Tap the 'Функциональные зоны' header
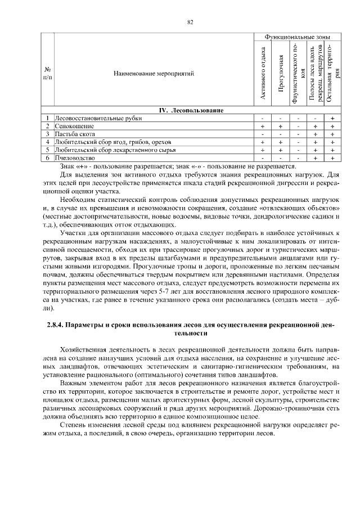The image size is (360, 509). pyautogui.click(x=297, y=37)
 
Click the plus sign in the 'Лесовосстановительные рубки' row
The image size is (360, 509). pyautogui.click(x=332, y=118)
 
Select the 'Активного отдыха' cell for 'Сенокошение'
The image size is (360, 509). pyautogui.click(x=263, y=126)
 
